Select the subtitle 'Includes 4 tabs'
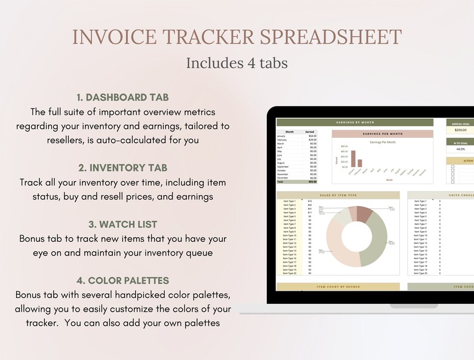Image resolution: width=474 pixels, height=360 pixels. click(x=236, y=63)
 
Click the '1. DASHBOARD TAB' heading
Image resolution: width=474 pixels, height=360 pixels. click(x=122, y=97)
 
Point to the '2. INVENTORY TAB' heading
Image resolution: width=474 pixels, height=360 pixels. click(x=122, y=168)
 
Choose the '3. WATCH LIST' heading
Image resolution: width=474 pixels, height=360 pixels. click(x=122, y=224)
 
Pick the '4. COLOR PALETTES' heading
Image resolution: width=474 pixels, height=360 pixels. click(x=122, y=280)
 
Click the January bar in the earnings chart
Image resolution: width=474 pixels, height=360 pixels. click(x=353, y=159)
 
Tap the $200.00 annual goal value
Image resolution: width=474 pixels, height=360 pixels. click(x=460, y=130)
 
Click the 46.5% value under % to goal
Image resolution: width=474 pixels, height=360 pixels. click(x=460, y=149)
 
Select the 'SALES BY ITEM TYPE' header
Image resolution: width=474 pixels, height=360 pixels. click(x=337, y=195)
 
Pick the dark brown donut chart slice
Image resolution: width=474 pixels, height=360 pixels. click(x=364, y=216)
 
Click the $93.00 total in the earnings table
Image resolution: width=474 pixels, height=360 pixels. click(x=312, y=181)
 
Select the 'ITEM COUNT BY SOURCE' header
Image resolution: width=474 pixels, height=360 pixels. click(x=337, y=287)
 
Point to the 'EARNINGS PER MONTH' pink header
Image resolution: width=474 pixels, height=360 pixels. click(x=382, y=134)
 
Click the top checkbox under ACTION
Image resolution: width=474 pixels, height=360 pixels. click(x=453, y=168)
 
